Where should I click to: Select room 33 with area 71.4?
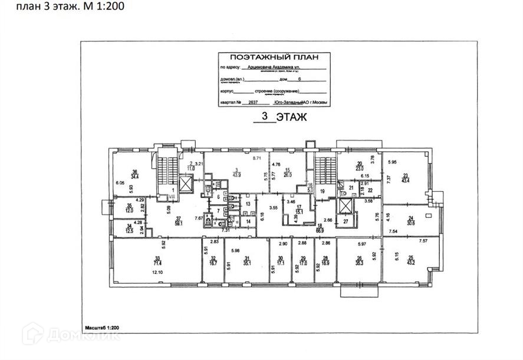click(x=157, y=260)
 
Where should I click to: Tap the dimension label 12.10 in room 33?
click(x=157, y=273)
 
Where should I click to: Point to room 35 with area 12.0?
click(x=129, y=208)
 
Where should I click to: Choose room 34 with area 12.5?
click(x=129, y=228)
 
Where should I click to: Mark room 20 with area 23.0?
click(x=358, y=167)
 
